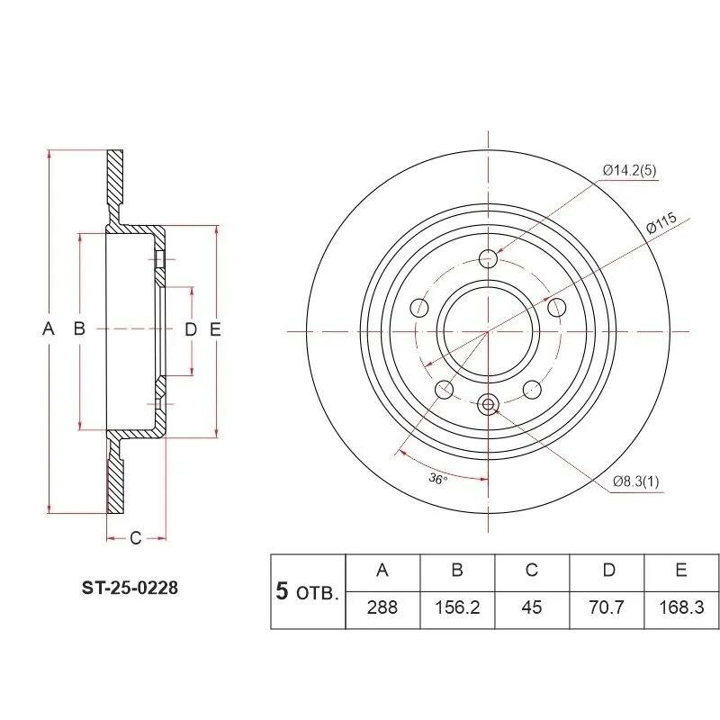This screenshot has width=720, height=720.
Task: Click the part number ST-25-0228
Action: pyautogui.click(x=130, y=588)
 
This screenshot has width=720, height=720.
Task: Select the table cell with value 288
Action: pyautogui.click(x=382, y=610)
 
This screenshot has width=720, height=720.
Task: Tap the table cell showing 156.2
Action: pyautogui.click(x=457, y=610)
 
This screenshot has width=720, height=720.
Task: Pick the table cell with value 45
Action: pyautogui.click(x=532, y=610)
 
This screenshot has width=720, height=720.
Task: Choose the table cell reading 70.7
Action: pyautogui.click(x=607, y=610)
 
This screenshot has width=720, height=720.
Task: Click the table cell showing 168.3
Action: pyautogui.click(x=681, y=610)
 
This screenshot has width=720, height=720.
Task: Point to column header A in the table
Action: pyautogui.click(x=382, y=572)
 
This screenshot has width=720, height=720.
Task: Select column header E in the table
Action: pyautogui.click(x=681, y=572)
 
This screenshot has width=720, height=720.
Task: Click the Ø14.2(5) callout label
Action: pyautogui.click(x=629, y=171)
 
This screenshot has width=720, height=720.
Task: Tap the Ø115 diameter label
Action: pyautogui.click(x=661, y=223)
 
